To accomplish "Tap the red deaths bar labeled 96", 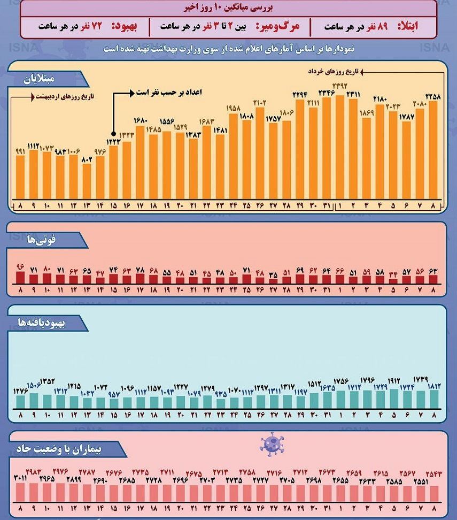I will point(20,277).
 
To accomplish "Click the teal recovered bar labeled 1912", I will point(393,399).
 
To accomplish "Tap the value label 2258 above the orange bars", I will point(432,96).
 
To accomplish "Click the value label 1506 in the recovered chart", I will point(34,385).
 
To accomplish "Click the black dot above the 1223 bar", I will point(113,134).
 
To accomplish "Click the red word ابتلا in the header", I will point(409,26).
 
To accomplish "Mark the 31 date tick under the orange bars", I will point(327,206).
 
